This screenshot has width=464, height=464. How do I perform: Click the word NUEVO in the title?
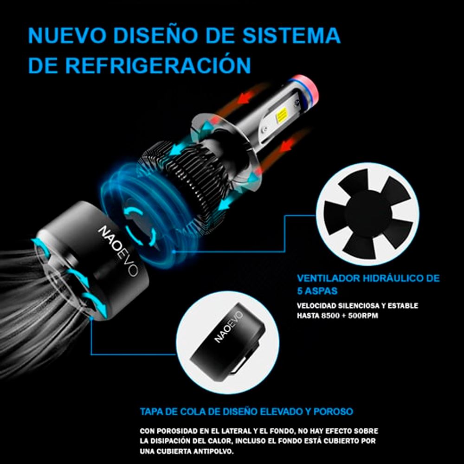(x=67, y=36)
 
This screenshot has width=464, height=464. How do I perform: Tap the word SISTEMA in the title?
(x=291, y=36)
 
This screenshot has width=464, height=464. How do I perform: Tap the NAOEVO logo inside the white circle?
(x=228, y=327)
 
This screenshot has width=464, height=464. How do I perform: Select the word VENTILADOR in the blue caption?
(x=329, y=278)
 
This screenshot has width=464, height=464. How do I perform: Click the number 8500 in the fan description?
(x=330, y=316)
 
